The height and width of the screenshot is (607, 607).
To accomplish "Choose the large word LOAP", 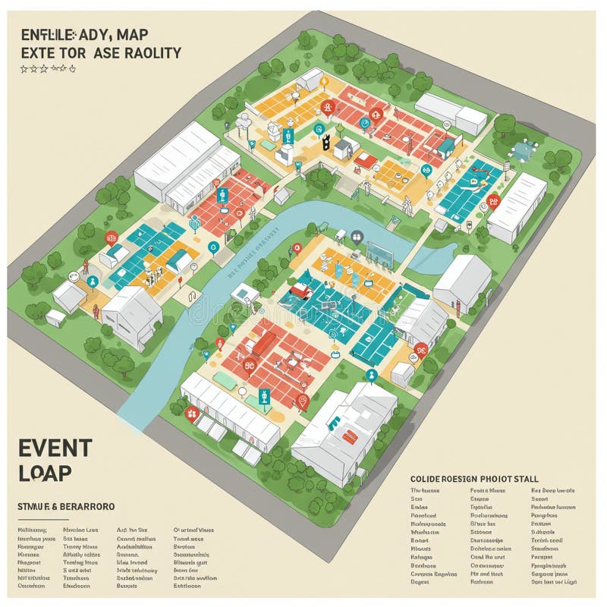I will pyautogui.click(x=46, y=472).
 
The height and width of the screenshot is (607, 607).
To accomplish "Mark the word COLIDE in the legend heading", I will pyautogui.click(x=426, y=479).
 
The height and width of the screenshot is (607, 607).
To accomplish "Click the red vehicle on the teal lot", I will pyautogui.click(x=301, y=289).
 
